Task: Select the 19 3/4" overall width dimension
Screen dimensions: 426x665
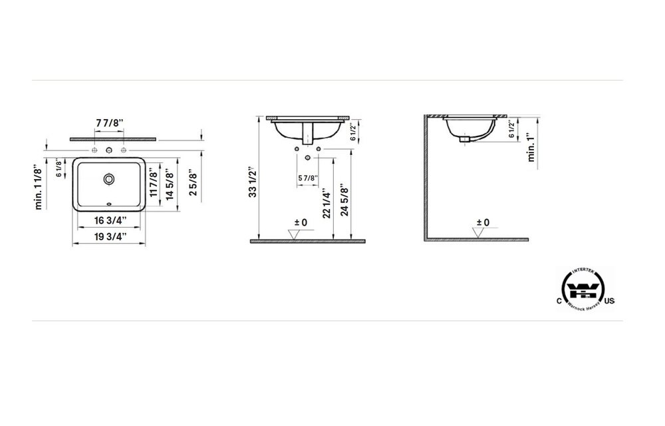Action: point(110,236)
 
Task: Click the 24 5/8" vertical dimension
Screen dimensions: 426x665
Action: point(344,198)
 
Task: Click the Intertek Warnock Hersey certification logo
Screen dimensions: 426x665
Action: point(584,288)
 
